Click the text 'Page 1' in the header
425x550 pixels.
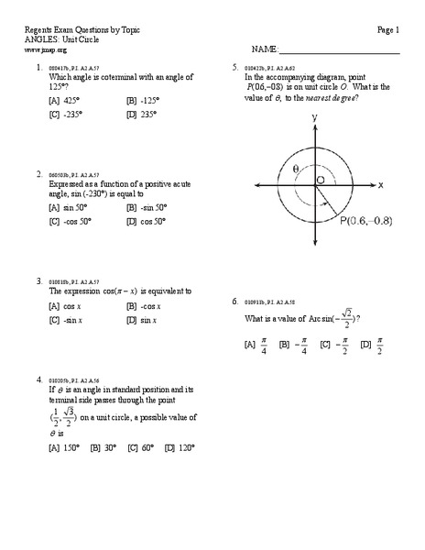tap(388, 30)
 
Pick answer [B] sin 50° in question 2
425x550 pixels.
tap(147, 207)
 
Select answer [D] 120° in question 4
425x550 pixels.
tap(180, 447)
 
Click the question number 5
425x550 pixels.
tap(235, 68)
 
